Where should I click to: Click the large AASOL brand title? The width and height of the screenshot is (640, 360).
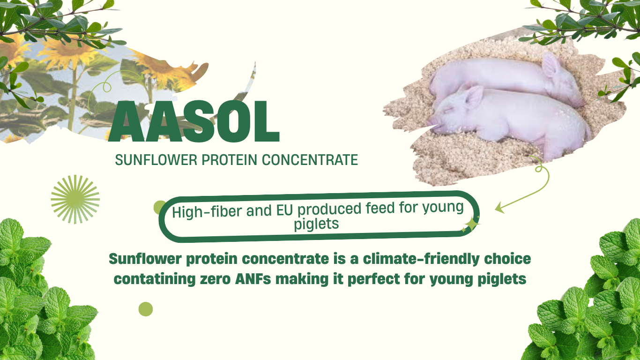[x=193, y=121]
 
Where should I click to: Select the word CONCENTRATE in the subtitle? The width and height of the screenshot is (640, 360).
[x=310, y=160]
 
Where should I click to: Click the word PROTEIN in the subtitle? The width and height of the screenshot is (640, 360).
[x=230, y=160]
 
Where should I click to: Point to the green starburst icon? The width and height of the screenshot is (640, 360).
[x=75, y=199]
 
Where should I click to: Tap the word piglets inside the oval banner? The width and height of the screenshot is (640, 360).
[x=316, y=224]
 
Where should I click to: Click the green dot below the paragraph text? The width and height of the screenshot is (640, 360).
[x=146, y=309]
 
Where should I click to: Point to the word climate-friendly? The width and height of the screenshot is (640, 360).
[x=421, y=259]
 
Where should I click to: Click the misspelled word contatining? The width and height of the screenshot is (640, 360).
[x=154, y=279]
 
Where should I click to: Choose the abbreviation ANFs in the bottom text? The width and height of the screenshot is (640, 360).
[x=253, y=279]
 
